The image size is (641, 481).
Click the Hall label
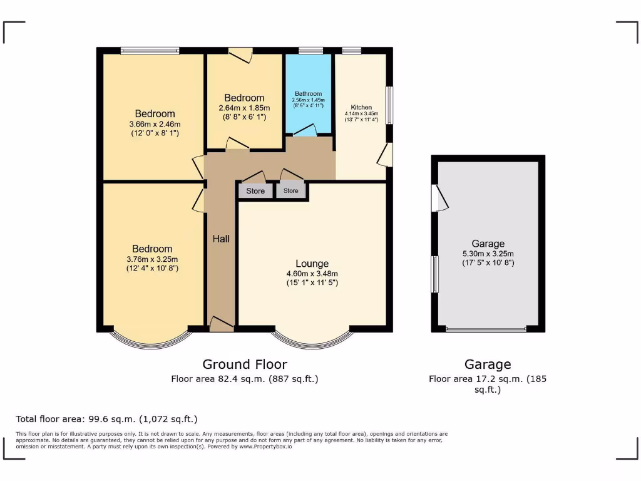[221, 239]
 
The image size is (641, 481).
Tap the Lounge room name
[312, 264]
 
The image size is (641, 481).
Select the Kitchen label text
[361, 107]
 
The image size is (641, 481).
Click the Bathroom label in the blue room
[308, 94]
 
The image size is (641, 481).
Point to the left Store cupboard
[255, 191]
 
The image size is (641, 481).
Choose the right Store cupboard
[291, 190]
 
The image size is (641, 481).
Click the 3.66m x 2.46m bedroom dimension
[155, 123]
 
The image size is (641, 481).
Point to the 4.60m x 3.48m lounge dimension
[312, 274]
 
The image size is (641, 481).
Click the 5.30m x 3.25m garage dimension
[488, 254]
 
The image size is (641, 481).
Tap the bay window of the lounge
[312, 339]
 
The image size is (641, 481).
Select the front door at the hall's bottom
[221, 324]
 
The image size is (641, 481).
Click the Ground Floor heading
[245, 365]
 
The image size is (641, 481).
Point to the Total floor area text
[106, 419]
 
